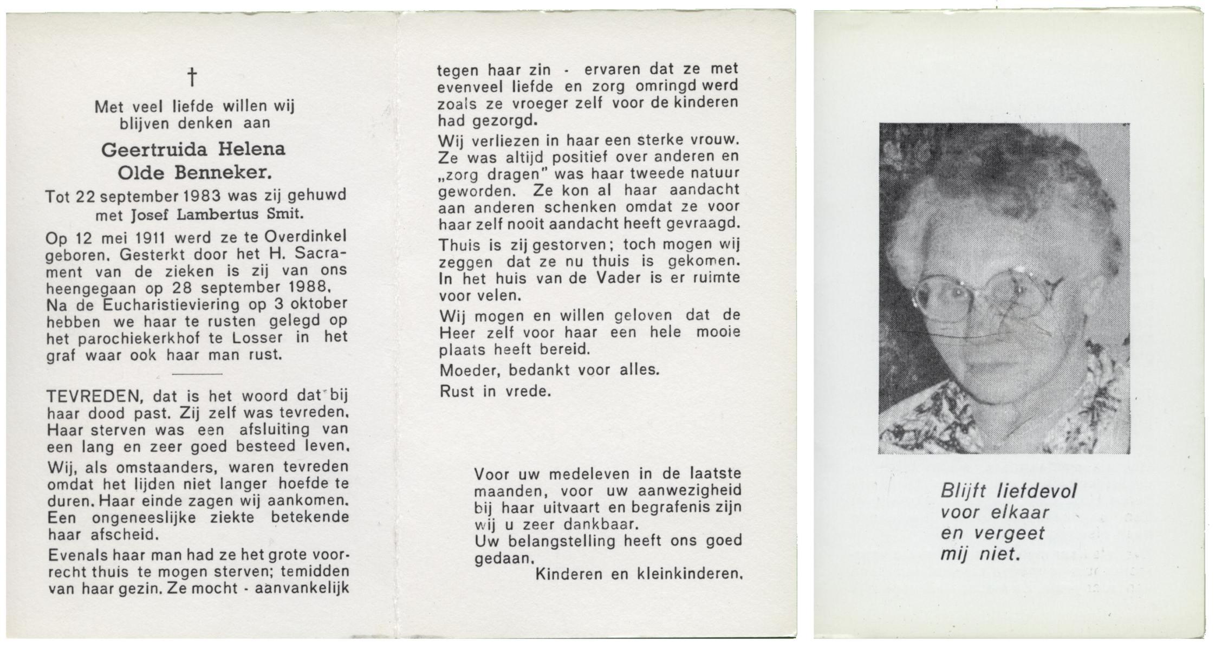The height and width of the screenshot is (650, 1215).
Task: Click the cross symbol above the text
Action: tap(192, 77)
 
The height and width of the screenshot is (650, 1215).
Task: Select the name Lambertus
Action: tap(219, 214)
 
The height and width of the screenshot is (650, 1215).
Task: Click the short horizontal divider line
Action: tap(197, 374)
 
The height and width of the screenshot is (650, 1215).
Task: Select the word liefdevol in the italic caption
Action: tap(1036, 491)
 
